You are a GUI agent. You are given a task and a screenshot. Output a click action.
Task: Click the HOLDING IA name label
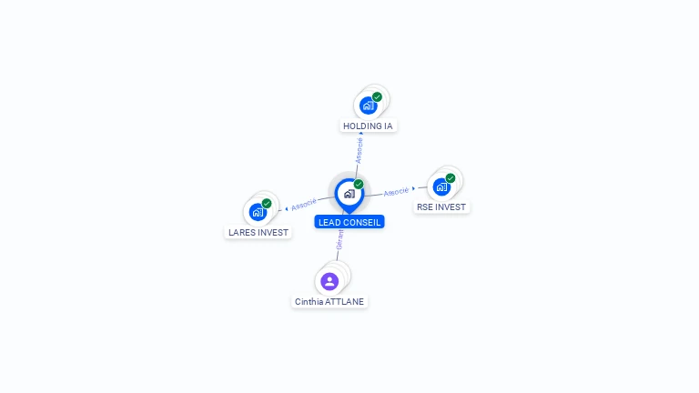[x=369, y=126]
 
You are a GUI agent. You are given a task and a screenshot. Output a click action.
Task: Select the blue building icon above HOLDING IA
[x=368, y=106]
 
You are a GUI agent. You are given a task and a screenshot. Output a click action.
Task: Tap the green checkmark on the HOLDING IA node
[x=377, y=97]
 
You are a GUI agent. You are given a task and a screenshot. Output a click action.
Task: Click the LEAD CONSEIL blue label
[x=349, y=222]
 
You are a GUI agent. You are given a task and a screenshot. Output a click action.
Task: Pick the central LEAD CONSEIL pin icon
[x=349, y=194]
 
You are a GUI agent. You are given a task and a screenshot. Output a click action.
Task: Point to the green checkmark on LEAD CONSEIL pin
[x=359, y=185]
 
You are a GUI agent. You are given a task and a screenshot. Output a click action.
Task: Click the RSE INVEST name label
[x=441, y=207]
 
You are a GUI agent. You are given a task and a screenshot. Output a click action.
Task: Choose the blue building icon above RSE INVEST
[x=441, y=186]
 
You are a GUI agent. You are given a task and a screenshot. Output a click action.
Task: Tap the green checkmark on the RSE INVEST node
[x=451, y=178]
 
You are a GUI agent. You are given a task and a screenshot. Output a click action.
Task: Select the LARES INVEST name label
[x=258, y=232]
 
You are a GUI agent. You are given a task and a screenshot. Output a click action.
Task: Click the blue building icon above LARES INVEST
[x=258, y=212]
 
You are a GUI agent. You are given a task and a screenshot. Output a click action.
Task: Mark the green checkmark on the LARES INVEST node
[x=267, y=204]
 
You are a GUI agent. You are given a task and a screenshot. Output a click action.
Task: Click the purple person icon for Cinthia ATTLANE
[x=329, y=281]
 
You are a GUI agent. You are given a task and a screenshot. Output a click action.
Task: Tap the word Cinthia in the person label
[x=309, y=301]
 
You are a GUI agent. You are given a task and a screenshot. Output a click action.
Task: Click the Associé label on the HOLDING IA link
[x=360, y=150]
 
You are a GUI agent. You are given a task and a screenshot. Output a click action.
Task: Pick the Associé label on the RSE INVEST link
[x=396, y=192]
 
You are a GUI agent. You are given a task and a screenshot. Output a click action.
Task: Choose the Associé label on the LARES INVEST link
[x=304, y=204]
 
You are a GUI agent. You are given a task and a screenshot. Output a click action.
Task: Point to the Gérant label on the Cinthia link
[x=339, y=240]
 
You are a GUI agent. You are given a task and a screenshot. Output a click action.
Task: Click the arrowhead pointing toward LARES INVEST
[x=287, y=208]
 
